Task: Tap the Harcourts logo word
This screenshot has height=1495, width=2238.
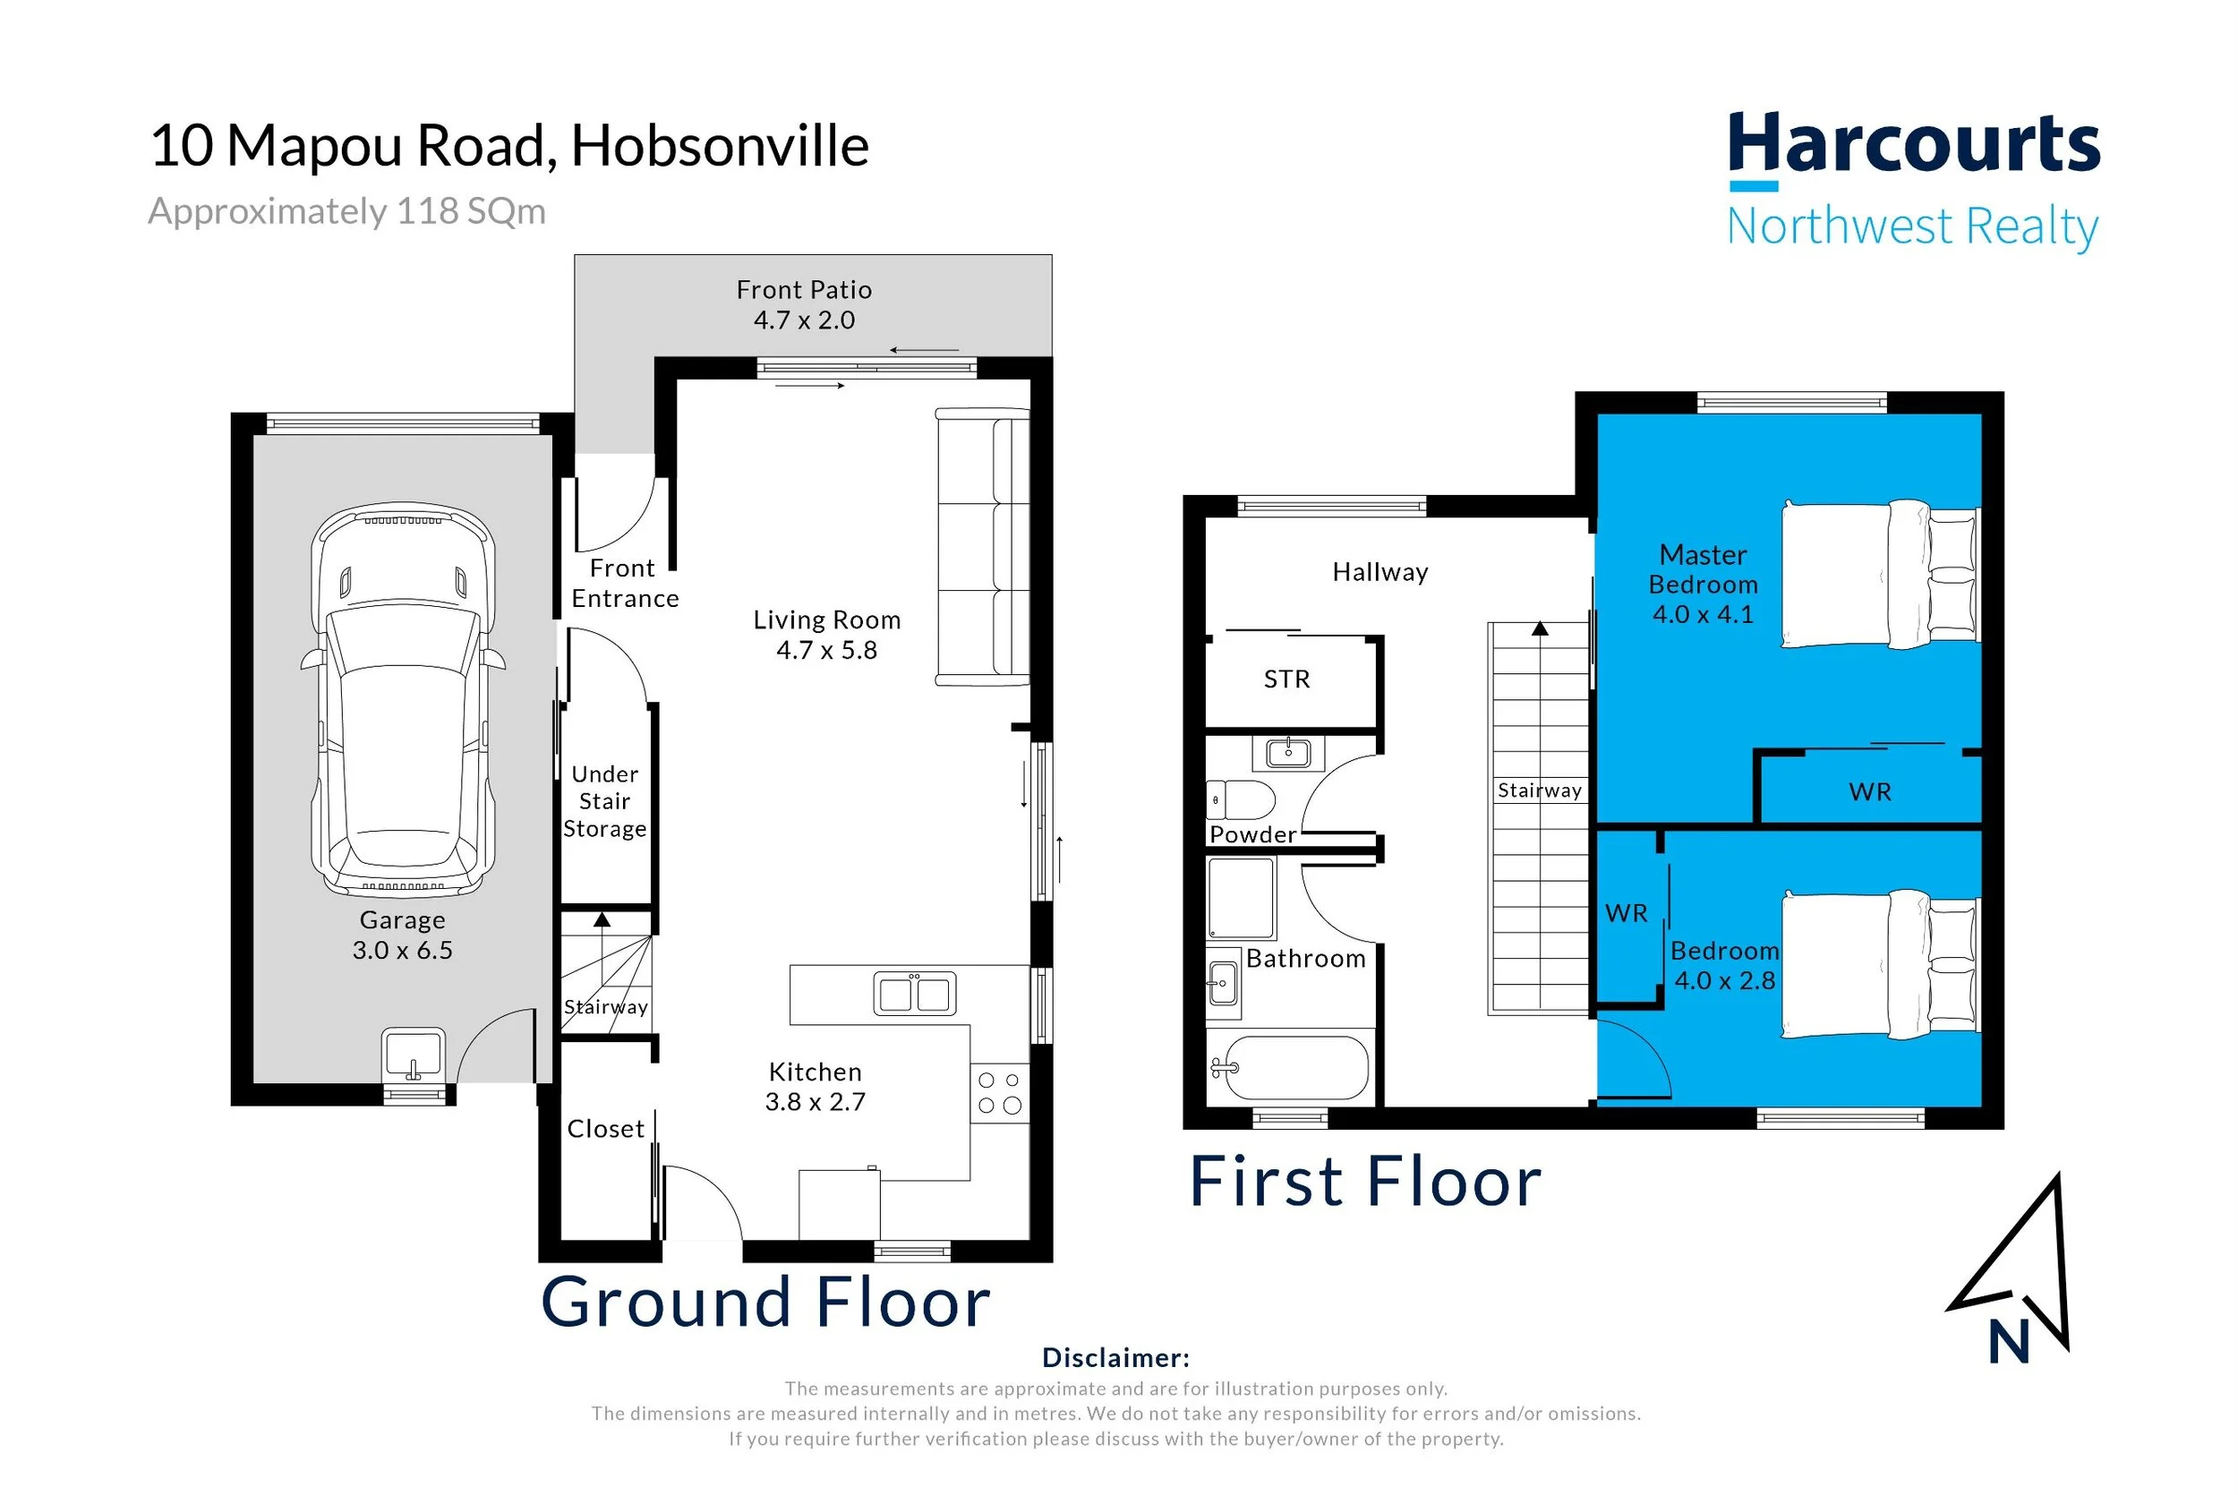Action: coord(1914,144)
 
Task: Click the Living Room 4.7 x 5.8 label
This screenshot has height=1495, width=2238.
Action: coord(826,635)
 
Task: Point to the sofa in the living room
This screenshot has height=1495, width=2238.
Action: coord(983,547)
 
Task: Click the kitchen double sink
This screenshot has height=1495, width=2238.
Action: coord(914,994)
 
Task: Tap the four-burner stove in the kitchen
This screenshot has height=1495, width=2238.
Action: coord(1000,1093)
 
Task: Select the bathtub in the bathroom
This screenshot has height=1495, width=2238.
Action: coord(1290,1068)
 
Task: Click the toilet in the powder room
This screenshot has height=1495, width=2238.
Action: coord(1240,800)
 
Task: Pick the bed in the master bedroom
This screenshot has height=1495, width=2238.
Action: coord(1881,574)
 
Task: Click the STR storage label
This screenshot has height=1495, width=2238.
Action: coord(1286,679)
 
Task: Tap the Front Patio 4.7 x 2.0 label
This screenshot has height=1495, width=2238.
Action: coord(805,304)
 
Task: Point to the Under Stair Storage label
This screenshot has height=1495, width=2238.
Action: coord(605,801)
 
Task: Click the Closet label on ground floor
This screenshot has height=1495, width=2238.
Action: coord(606,1129)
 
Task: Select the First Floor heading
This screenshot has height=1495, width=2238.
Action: coord(1365,1182)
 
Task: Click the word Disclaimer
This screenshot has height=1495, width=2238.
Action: coord(1116,1357)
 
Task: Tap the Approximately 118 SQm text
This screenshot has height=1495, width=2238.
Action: coord(347,210)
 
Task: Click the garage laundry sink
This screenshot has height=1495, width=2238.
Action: coord(414,1055)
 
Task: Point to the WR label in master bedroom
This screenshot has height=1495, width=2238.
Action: coord(1870,791)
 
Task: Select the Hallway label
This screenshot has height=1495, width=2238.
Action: coord(1380,572)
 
